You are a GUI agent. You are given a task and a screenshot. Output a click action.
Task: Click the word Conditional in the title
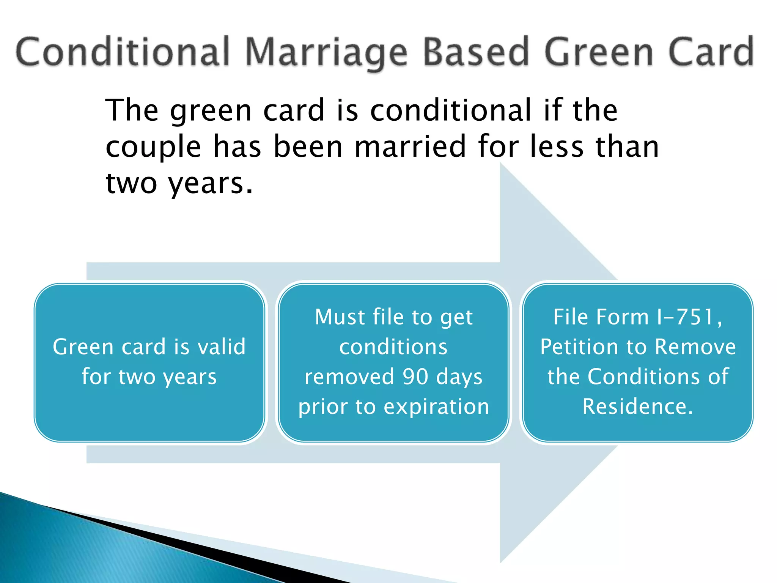122,52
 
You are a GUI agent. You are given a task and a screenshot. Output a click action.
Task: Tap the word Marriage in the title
326,53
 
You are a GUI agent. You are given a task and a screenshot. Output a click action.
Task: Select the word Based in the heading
476,52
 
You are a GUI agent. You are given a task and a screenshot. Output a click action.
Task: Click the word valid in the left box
222,347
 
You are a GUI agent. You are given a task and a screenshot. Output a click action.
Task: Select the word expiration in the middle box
436,407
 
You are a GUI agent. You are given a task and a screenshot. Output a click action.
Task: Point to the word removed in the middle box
349,377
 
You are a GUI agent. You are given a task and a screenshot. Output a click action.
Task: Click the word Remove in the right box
695,347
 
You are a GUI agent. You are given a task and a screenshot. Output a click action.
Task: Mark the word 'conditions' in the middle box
393,347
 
